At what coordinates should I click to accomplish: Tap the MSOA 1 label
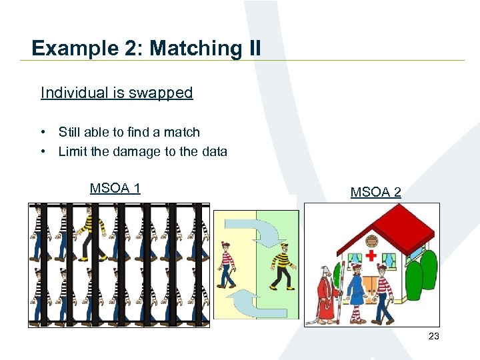click(x=115, y=188)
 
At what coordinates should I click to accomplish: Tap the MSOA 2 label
click(x=376, y=193)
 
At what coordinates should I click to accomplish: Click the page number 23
click(x=433, y=336)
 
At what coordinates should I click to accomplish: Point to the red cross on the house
click(x=371, y=255)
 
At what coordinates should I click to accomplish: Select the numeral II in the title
click(x=253, y=49)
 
